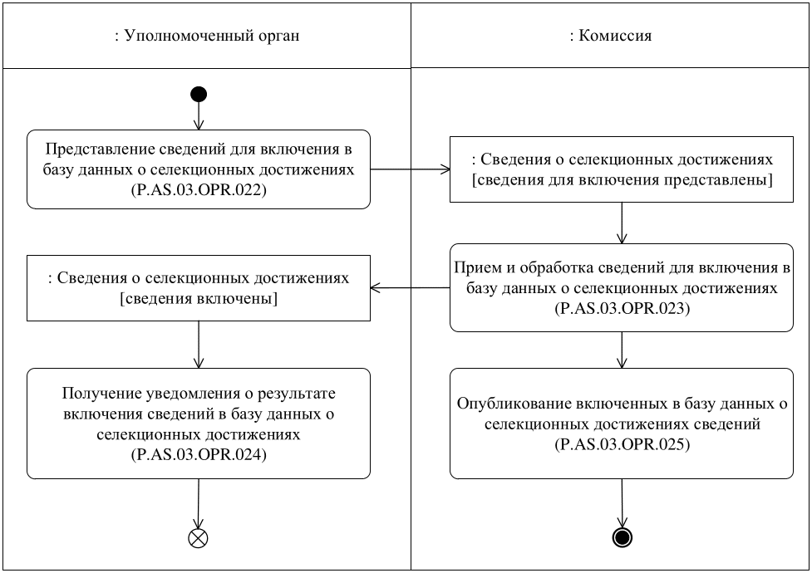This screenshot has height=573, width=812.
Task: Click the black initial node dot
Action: (x=199, y=94)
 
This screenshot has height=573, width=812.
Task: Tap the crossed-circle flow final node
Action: (x=199, y=537)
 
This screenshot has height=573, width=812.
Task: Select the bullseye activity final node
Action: (x=621, y=537)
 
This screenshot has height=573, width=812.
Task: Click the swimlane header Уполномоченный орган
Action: (x=206, y=36)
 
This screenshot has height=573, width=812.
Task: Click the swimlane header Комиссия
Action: (x=611, y=36)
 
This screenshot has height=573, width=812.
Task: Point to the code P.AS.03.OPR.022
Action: (x=199, y=190)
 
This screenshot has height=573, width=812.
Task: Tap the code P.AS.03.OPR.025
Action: (x=621, y=445)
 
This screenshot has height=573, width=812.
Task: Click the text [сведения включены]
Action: (x=199, y=298)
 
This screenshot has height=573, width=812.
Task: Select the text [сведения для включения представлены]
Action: (x=621, y=180)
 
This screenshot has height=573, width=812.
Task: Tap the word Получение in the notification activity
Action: (x=97, y=393)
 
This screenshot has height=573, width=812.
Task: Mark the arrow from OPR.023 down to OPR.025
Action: (x=621, y=350)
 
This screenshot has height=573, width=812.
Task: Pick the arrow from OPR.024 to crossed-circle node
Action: (x=199, y=502)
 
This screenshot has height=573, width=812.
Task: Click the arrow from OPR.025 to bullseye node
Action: (x=621, y=502)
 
